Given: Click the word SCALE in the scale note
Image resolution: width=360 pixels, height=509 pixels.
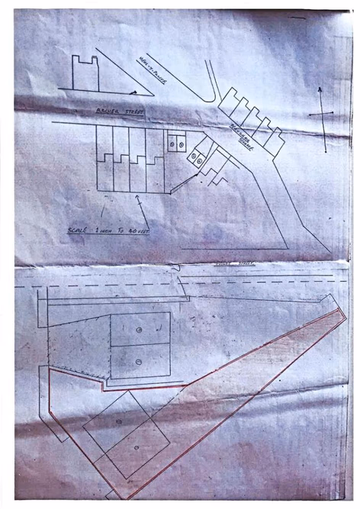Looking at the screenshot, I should [x=77, y=229].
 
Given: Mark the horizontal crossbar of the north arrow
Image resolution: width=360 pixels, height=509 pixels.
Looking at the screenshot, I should [x=321, y=115].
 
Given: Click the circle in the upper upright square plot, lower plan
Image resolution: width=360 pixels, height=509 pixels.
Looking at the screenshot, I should [x=139, y=329].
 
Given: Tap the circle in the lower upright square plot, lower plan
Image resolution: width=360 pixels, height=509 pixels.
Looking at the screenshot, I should [x=139, y=362].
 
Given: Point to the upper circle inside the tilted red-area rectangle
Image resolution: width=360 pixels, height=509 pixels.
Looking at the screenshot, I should [x=119, y=422].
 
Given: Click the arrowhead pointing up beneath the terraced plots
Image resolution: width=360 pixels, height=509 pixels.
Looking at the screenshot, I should [x=138, y=198].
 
